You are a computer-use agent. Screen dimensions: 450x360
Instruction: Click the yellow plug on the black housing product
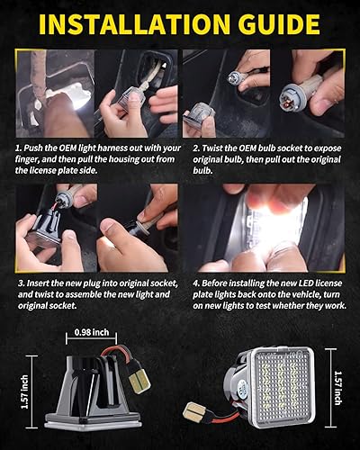(x=139, y=378)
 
